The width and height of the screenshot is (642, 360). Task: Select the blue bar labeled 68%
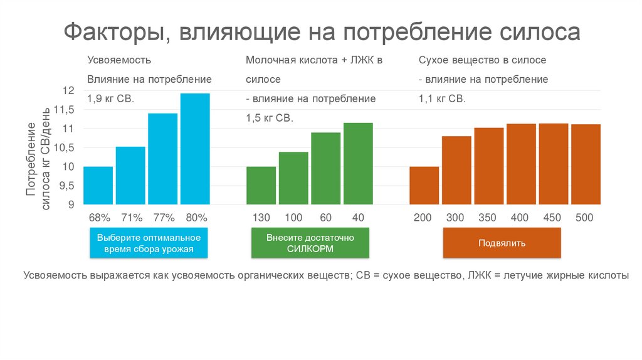(x=98, y=185)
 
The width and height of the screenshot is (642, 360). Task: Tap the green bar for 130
(x=261, y=185)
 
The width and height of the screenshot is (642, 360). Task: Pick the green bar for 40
(x=358, y=163)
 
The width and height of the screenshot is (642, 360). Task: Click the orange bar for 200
(x=424, y=185)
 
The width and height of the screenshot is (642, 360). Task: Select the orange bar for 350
(x=488, y=166)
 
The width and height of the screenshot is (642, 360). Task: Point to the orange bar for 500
(x=586, y=164)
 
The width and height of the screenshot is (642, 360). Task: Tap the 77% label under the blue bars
(x=164, y=218)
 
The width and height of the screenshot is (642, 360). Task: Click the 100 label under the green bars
(x=293, y=218)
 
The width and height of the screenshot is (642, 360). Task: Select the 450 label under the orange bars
(x=552, y=218)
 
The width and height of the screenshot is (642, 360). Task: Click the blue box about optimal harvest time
(x=149, y=243)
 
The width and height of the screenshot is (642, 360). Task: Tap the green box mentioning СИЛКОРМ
(x=310, y=243)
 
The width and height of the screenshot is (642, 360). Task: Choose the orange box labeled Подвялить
(x=502, y=243)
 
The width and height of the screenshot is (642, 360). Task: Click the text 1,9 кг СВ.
(x=111, y=99)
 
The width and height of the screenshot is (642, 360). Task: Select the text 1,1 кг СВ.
(x=442, y=99)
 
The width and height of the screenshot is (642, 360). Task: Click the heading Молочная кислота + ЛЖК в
(x=314, y=60)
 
